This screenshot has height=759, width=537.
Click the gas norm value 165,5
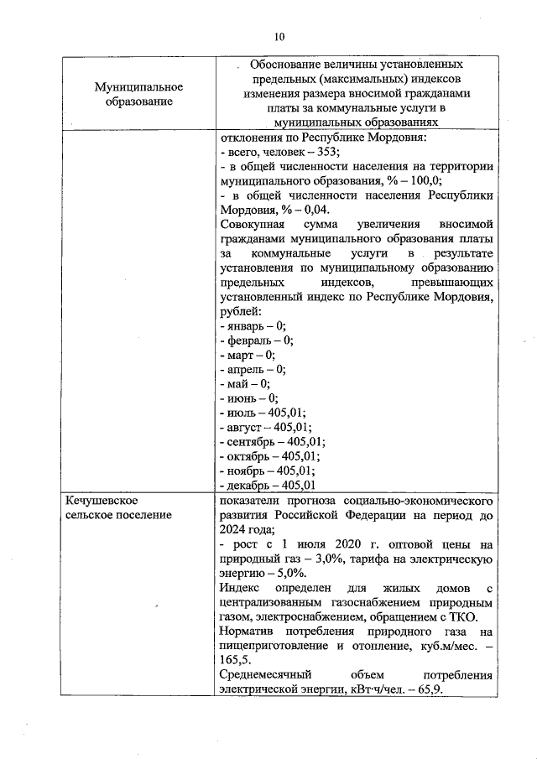point(232,660)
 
